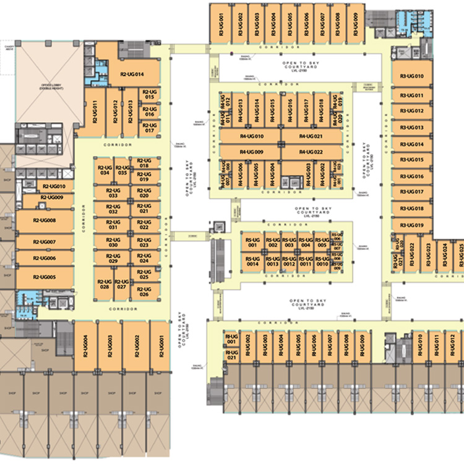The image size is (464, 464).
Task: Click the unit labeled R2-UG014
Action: click(x=132, y=74)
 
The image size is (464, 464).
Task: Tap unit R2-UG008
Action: click(x=45, y=220)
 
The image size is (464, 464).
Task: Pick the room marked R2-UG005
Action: click(x=45, y=277)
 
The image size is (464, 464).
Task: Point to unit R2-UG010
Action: click(x=54, y=186)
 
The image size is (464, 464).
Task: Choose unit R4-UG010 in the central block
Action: click(x=251, y=137)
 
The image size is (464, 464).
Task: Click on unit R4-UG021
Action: click(x=311, y=137)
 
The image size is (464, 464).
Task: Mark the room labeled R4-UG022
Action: click(x=311, y=152)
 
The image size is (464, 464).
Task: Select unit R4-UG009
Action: click(x=251, y=152)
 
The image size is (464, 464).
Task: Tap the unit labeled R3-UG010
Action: click(x=411, y=77)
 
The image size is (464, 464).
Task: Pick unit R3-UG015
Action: click(x=411, y=160)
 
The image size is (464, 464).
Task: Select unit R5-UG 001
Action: click(x=252, y=242)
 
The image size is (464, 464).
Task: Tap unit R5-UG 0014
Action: click(x=252, y=261)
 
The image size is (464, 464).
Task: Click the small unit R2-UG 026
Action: click(x=144, y=290)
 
